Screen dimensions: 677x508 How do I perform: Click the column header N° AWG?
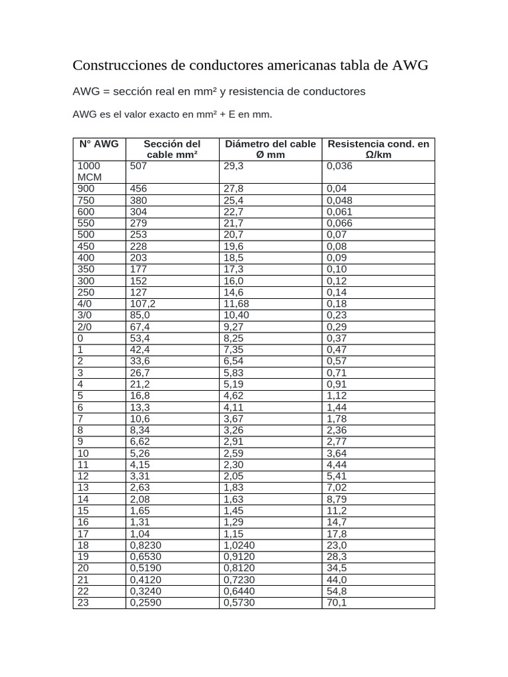99,144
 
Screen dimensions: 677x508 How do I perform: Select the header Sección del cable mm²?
172,149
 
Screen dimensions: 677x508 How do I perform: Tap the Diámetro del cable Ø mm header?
270,149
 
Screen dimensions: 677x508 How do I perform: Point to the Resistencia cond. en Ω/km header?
378,149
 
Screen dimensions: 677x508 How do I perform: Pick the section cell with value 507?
138,167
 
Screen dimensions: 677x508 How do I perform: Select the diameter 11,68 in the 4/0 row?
236,303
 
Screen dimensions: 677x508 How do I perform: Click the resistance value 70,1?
336,603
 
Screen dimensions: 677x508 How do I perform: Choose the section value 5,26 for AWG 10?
140,454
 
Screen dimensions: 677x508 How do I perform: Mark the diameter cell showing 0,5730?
239,603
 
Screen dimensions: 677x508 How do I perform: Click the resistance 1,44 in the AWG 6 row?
336,407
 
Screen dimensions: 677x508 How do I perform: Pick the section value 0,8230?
146,545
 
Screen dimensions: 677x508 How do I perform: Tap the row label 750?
86,200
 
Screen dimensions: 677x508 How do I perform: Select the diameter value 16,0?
233,281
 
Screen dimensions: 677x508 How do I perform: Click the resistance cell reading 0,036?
339,167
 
